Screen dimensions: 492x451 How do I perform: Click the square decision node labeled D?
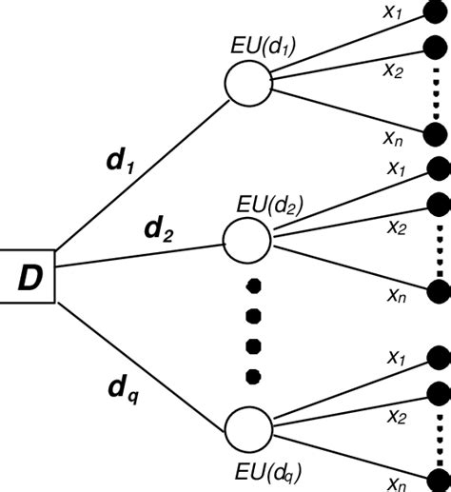(29, 277)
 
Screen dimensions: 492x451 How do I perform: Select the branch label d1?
(119, 162)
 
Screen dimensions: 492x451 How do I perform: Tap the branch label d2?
(158, 229)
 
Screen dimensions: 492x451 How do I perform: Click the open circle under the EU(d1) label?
(246, 82)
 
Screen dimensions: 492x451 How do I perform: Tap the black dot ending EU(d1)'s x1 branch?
(437, 13)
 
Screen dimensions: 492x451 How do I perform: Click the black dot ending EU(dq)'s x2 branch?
(437, 392)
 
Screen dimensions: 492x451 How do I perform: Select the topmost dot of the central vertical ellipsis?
(252, 285)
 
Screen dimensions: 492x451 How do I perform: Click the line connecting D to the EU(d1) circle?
(143, 167)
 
